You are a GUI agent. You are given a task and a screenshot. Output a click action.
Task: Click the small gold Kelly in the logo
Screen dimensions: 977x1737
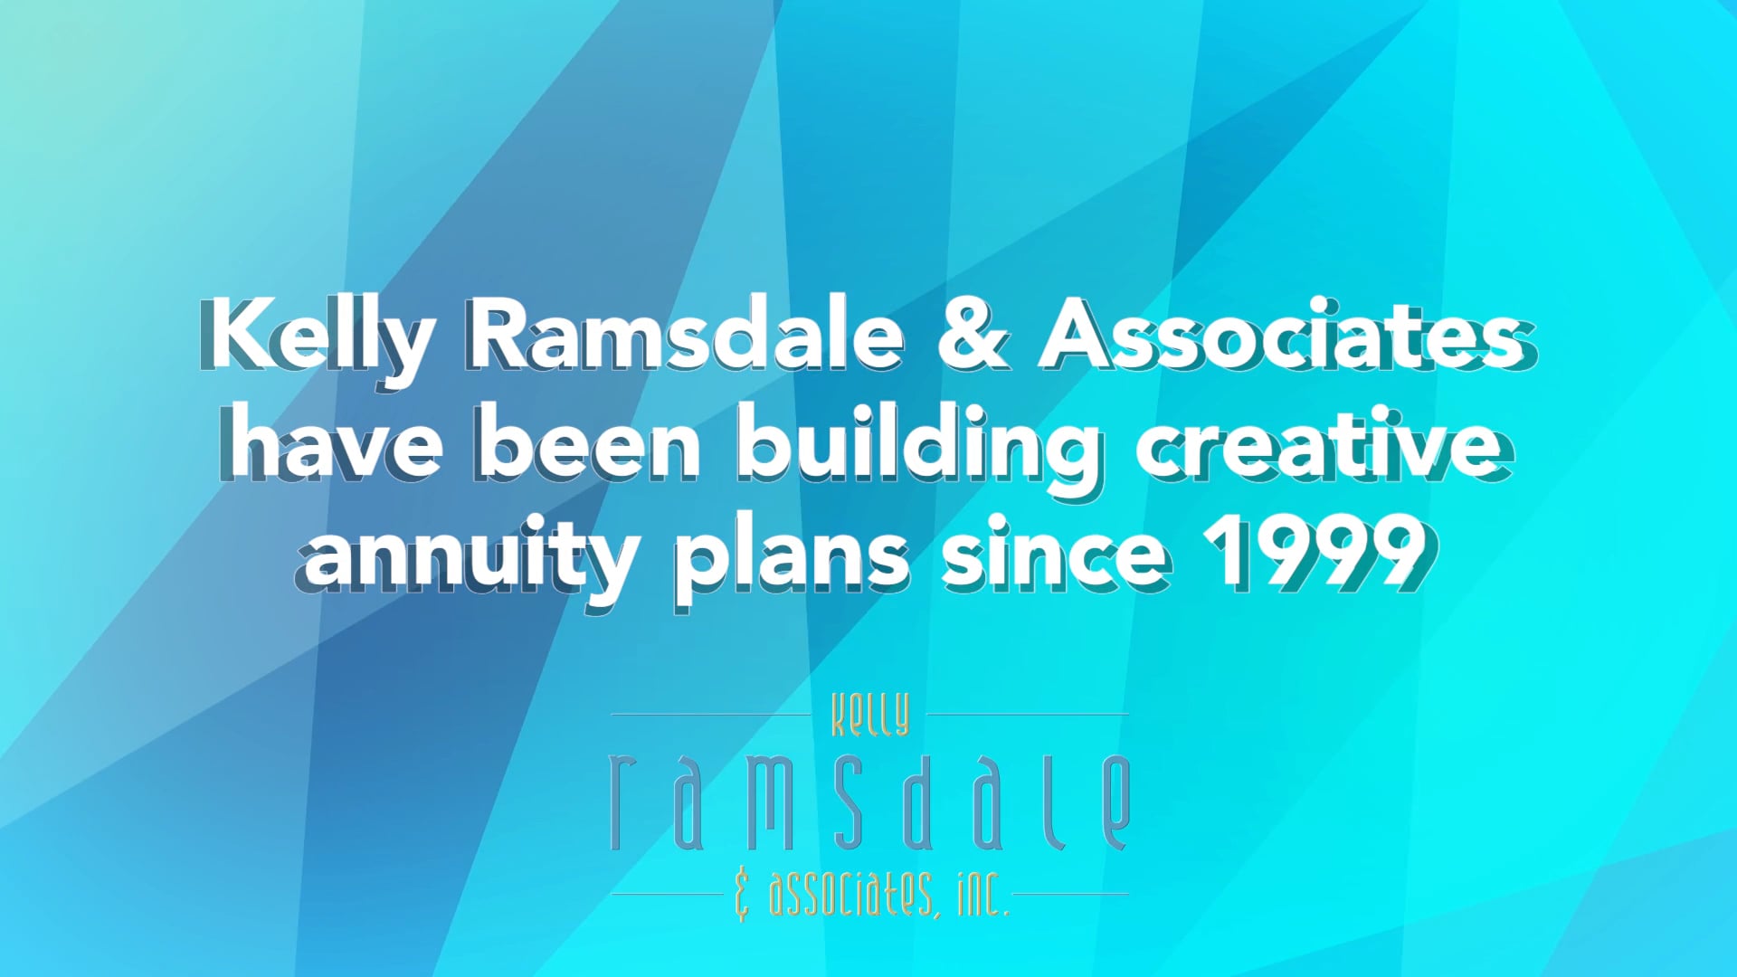click(x=869, y=716)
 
